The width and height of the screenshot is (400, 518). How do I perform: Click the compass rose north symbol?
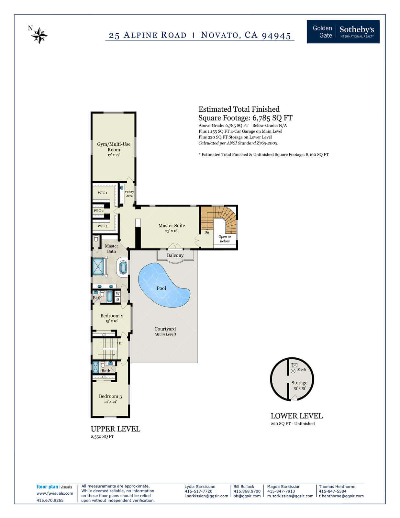click(x=39, y=36)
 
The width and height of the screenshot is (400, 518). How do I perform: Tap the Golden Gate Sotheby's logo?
click(x=343, y=32)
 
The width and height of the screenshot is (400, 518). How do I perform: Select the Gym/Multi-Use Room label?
click(x=114, y=147)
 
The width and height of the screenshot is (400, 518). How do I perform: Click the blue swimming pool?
click(x=164, y=285)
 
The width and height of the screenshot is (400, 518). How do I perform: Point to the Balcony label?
click(x=175, y=255)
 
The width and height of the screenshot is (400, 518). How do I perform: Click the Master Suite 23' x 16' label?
click(x=172, y=228)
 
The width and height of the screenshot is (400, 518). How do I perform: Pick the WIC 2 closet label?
click(x=99, y=211)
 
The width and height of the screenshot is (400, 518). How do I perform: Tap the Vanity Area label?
click(x=129, y=194)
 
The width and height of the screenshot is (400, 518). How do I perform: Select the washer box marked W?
click(x=118, y=294)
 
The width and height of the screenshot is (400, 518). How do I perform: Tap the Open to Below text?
click(x=225, y=239)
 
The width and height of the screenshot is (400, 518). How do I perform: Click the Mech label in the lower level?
click(x=301, y=369)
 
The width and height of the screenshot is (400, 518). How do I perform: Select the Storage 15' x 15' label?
click(x=299, y=385)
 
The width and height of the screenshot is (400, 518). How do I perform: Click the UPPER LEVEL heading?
click(x=116, y=429)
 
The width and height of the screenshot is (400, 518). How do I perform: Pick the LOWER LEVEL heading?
click(x=297, y=416)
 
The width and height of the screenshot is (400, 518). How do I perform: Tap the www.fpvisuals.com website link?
click(x=55, y=493)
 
